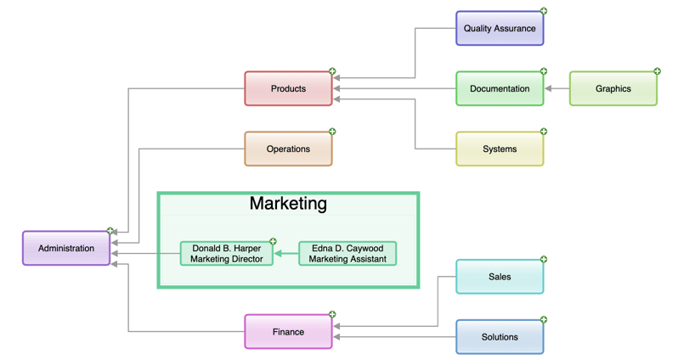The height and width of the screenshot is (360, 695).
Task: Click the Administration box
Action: coord(66,248)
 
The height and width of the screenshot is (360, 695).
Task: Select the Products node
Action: coord(288,88)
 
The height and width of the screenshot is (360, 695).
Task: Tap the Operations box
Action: coord(288,149)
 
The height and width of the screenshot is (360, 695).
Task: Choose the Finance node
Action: coord(288,331)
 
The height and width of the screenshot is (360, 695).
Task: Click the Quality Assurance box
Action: coord(500,28)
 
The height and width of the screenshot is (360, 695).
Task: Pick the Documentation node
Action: coord(500,88)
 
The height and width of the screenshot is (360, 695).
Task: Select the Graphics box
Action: coord(613,88)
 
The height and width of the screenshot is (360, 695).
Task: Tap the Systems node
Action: coord(500,149)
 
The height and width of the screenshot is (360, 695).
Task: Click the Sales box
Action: coord(500,276)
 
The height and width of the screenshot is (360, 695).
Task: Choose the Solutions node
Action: coord(500,336)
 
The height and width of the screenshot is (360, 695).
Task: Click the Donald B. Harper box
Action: coord(227,253)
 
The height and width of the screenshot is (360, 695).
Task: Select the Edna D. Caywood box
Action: coord(347,253)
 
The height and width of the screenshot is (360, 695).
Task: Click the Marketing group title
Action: coord(288,204)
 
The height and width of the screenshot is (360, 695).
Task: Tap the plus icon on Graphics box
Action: coord(657,71)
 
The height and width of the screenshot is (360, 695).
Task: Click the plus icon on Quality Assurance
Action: coord(544,11)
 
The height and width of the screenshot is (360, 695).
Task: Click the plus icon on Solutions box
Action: coord(544,320)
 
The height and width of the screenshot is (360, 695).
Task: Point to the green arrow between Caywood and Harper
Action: coord(286,253)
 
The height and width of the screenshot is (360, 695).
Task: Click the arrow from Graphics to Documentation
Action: coord(557,88)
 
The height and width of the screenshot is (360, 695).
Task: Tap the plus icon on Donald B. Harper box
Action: coord(273,242)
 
